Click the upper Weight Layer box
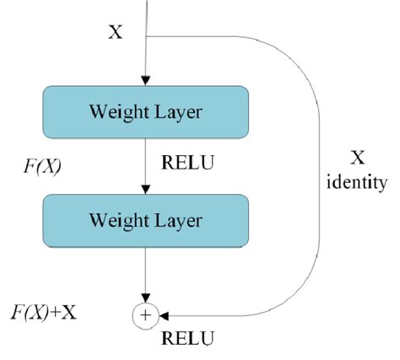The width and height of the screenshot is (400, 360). coord(147,113)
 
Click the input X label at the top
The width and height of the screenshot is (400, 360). coord(116,33)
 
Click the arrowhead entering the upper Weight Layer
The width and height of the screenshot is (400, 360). coord(148,82)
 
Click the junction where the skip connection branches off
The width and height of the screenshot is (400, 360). coord(148,36)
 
